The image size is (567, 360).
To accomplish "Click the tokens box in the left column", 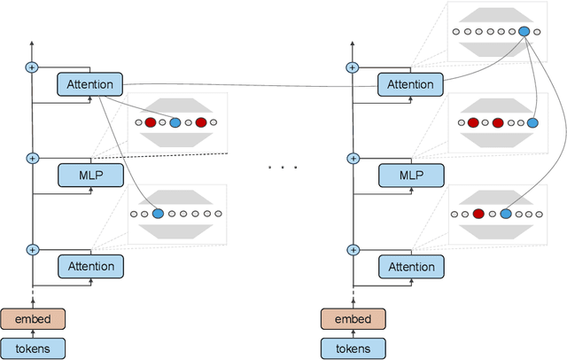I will coord(32,348).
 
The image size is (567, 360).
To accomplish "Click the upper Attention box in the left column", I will coord(89,85).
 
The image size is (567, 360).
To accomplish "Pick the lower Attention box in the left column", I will coord(89,266).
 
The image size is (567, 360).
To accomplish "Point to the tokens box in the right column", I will coord(353,348).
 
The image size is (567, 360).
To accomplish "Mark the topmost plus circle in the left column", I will coord(33,67).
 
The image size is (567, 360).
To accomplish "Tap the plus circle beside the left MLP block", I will coord(33,159).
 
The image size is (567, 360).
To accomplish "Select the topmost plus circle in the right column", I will coord(353,67).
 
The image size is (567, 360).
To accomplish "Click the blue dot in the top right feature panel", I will coord(524,31).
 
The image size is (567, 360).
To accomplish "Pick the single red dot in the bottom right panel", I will coord(478,214).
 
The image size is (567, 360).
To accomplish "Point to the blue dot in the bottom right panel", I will coord(505,214).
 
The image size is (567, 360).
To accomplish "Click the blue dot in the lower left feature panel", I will coord(158,214).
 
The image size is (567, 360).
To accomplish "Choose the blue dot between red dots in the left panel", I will coord(175,122).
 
